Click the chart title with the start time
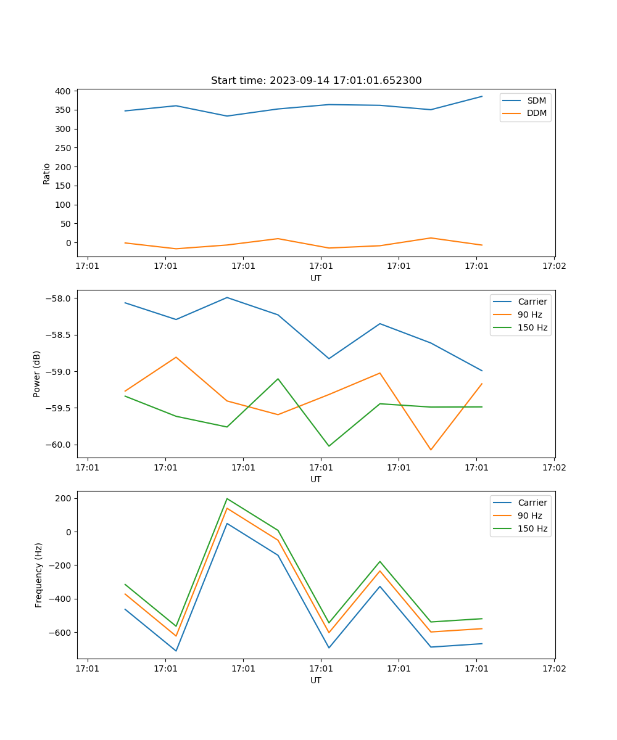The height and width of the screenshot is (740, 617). [x=316, y=81]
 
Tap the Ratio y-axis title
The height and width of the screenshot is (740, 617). [x=47, y=173]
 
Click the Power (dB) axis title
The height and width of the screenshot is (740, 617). [x=38, y=374]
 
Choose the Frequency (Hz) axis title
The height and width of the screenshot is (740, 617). [x=39, y=575]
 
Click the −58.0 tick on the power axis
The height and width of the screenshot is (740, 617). [x=59, y=298]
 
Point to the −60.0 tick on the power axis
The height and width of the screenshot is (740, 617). [x=59, y=445]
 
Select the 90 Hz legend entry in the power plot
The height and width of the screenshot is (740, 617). [x=529, y=314]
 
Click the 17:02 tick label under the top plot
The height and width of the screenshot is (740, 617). [x=553, y=266]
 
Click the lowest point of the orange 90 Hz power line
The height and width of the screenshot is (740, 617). [x=431, y=450]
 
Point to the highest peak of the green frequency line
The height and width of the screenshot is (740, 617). [x=227, y=498]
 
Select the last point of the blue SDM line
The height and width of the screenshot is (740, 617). [x=482, y=96]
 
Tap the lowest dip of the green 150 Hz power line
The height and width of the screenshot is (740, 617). [x=329, y=446]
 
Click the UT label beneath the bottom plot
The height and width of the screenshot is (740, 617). [x=316, y=680]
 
